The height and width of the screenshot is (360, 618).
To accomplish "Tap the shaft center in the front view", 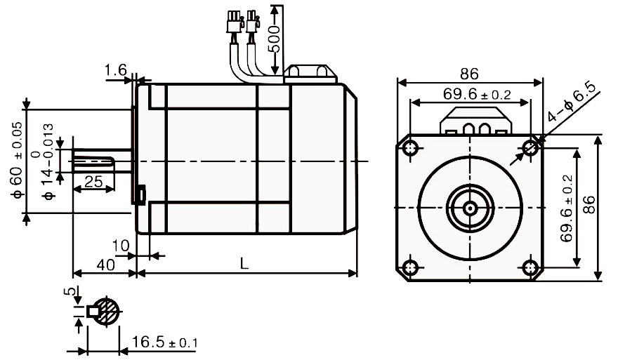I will coord(470,208).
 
